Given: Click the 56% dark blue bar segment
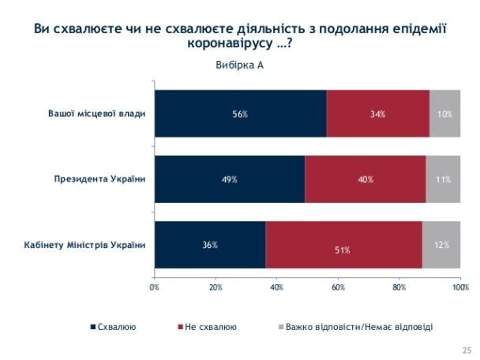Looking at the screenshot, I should point(240,114).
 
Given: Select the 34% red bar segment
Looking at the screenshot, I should point(377,114).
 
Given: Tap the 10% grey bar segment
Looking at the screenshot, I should point(444,114).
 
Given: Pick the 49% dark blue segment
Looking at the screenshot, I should point(229,179).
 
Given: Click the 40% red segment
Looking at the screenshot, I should point(365,179).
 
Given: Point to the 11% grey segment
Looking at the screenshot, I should point(443,179).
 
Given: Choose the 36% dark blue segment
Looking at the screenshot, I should point(210,245).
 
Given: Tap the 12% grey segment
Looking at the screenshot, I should point(441,245).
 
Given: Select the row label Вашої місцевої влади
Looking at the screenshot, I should point(98,114).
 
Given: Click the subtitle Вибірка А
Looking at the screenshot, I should point(239,65).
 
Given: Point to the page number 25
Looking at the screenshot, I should point(464,347).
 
